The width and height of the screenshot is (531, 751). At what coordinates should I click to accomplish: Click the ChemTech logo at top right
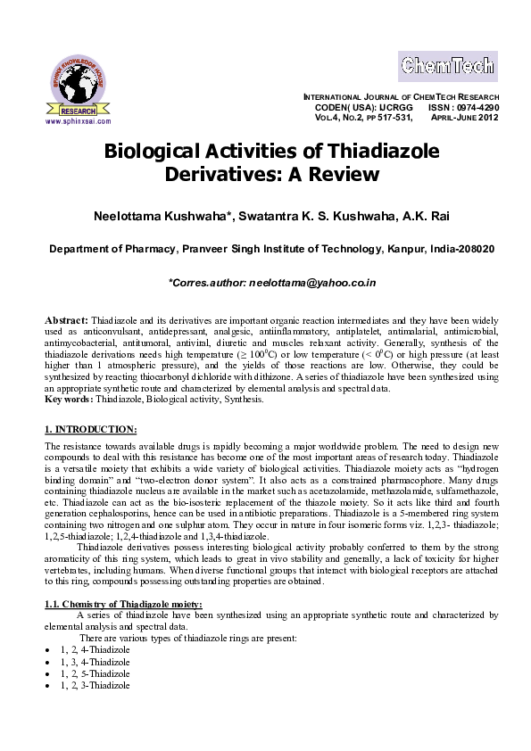click(447, 66)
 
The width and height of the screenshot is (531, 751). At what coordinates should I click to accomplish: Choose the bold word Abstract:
click(66, 319)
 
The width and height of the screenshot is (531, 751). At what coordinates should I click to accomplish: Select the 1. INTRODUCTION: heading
click(90, 430)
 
